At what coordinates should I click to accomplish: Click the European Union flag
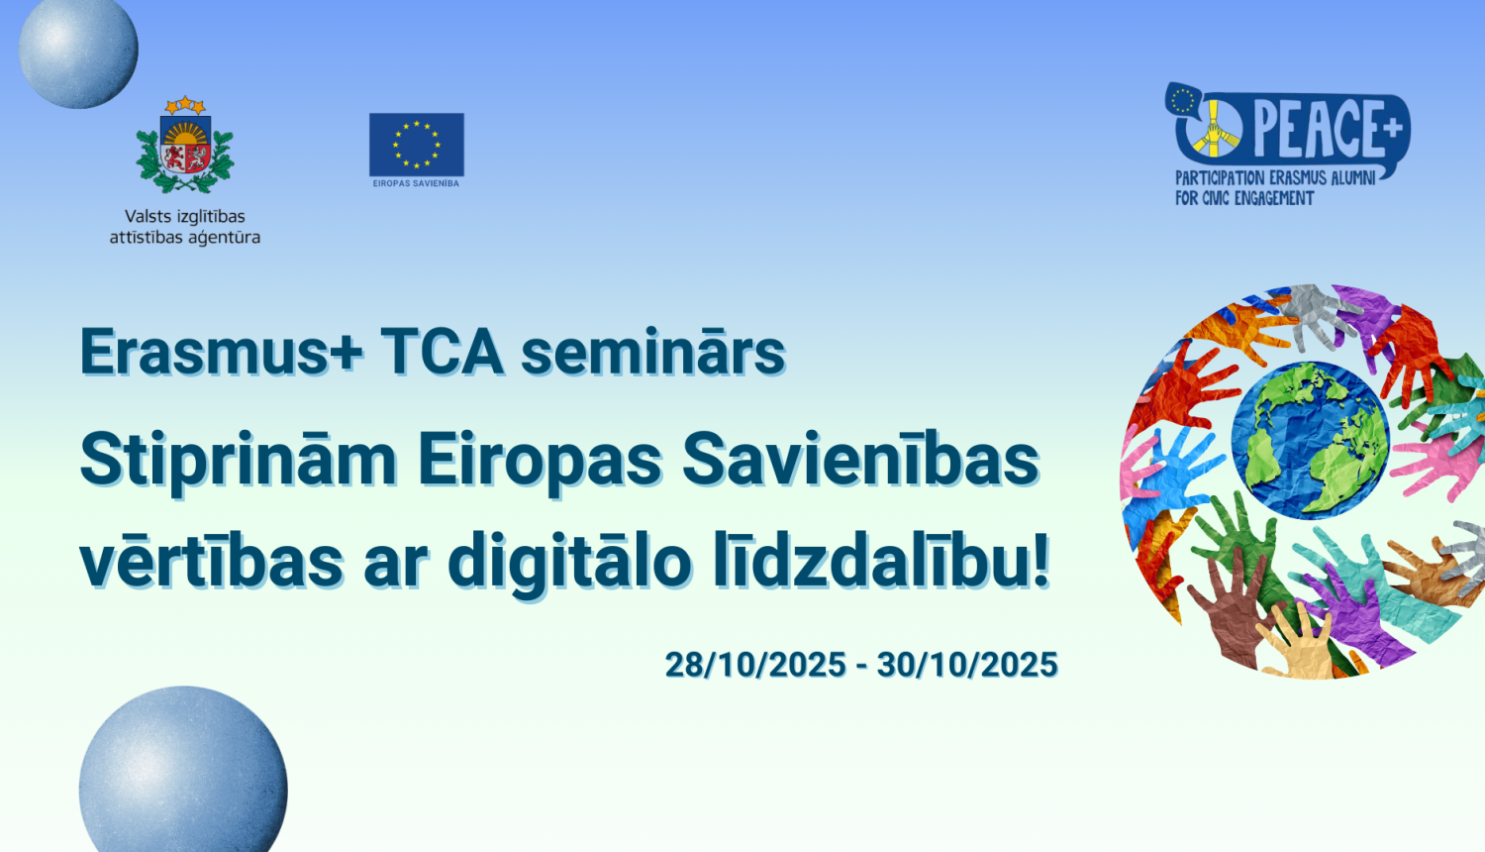click(416, 144)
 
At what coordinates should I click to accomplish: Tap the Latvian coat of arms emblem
click(185, 147)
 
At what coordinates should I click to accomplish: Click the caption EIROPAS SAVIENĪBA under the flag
click(416, 183)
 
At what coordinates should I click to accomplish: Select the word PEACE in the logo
click(1317, 129)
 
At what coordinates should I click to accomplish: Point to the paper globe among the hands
click(1310, 439)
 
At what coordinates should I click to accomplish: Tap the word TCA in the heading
click(442, 352)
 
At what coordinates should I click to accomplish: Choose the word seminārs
click(652, 352)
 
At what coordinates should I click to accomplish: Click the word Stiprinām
click(238, 461)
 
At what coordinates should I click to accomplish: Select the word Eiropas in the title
click(540, 461)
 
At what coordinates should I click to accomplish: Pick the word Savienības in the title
click(860, 461)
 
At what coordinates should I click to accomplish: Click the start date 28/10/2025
click(755, 665)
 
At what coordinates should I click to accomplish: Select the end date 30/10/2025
click(967, 665)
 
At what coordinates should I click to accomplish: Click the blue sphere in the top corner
click(78, 50)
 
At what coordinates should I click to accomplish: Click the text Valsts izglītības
click(185, 216)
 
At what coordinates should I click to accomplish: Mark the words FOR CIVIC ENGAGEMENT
click(1244, 198)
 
